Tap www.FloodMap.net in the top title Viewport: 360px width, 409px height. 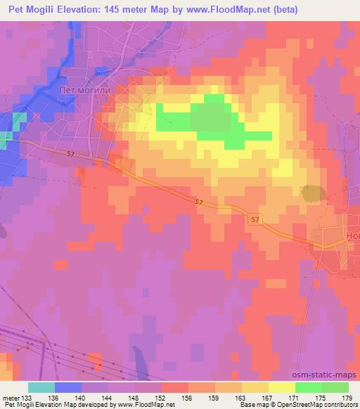[232, 10]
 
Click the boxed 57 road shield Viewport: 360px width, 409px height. [255, 220]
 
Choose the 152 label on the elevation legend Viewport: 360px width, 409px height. [161, 398]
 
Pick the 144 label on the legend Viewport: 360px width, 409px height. [108, 398]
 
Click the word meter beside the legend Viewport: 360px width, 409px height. [11, 398]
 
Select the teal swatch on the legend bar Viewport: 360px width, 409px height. [41, 387]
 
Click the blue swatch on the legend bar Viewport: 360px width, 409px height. [68, 387]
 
